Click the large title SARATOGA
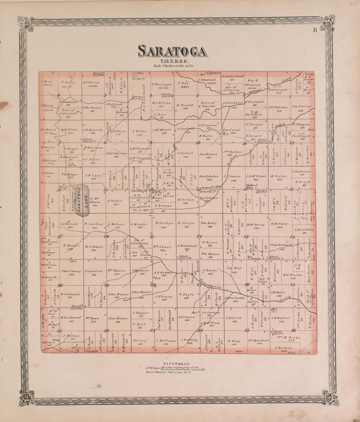[x=172, y=51]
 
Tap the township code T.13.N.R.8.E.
[x=173, y=61]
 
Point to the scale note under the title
[x=173, y=66]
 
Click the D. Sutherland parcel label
[x=233, y=76]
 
